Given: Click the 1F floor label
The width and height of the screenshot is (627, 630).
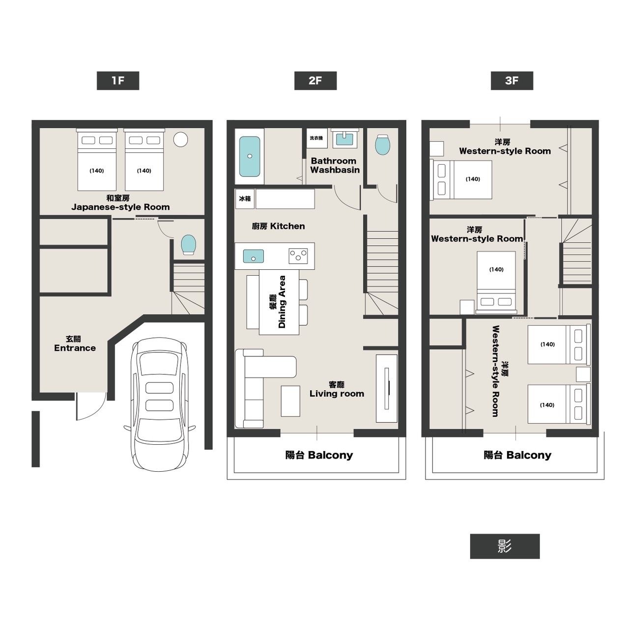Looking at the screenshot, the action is tap(117, 81).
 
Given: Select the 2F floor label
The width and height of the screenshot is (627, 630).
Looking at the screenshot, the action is tap(315, 81).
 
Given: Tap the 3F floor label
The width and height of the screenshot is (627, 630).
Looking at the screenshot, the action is tap(512, 81).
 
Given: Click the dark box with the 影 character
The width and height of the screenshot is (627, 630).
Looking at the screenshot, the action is tap(505, 546).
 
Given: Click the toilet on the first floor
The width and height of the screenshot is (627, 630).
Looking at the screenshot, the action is tap(188, 245).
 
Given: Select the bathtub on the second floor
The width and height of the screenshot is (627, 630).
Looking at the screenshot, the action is tap(250, 156).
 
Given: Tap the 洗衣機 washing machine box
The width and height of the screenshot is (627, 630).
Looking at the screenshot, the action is tap(316, 138).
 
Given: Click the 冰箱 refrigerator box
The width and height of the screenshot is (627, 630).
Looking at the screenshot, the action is tap(245, 199).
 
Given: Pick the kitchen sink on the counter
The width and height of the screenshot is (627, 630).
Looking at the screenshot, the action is tap(254, 256).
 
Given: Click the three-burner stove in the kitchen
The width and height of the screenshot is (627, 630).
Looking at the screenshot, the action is tap(298, 256).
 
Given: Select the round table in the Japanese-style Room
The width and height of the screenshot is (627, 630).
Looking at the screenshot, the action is tap(180, 140).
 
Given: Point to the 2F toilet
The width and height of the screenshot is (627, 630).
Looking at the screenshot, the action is tap(382, 144).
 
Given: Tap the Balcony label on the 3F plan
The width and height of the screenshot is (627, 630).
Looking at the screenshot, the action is tap(517, 455).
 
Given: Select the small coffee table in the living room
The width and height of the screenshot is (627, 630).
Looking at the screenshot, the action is tap(290, 401).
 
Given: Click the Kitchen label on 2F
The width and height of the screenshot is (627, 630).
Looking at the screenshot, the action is tap(278, 226).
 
